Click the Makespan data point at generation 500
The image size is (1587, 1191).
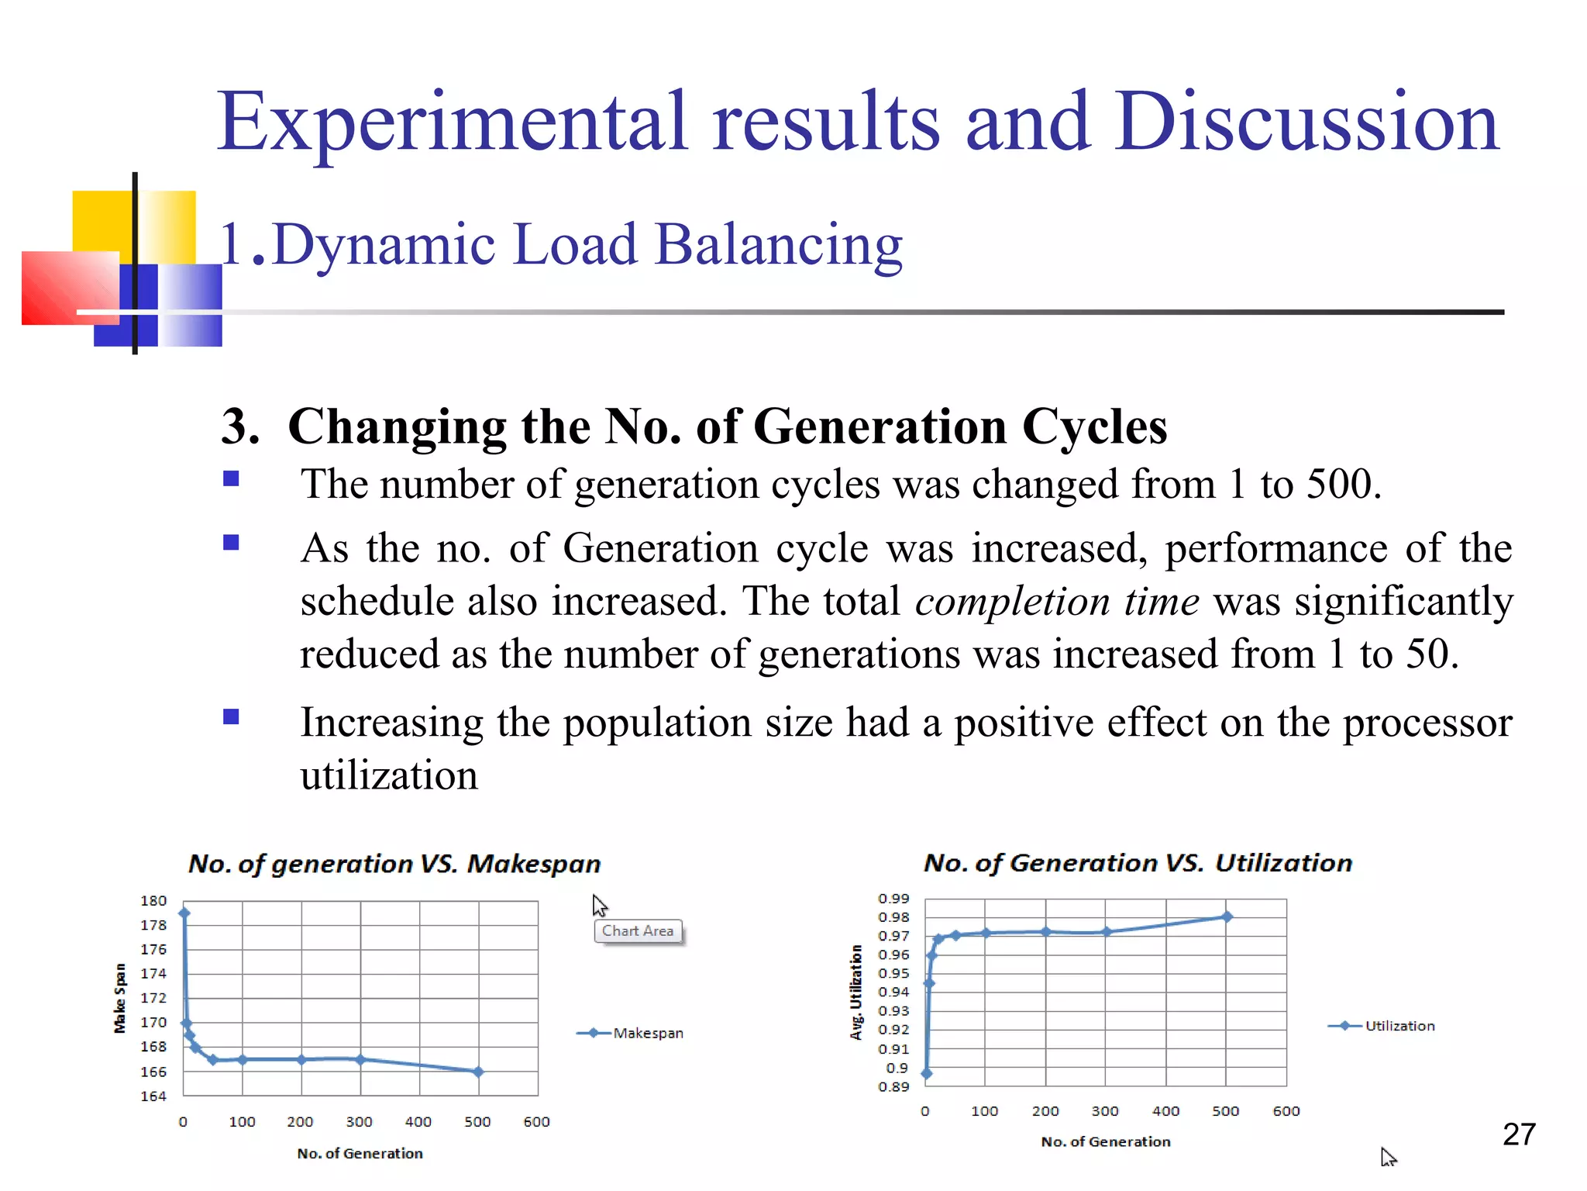[478, 1072]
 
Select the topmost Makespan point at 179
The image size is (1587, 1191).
[184, 913]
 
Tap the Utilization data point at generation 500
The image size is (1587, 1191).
[1227, 917]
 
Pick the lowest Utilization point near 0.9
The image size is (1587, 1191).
[927, 1074]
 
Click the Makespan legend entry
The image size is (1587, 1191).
[648, 1033]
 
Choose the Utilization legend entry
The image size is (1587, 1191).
[1399, 1026]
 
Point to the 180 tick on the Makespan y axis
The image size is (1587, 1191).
[153, 900]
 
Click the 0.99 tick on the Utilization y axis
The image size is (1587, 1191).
[893, 898]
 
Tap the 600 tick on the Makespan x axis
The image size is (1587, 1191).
[536, 1122]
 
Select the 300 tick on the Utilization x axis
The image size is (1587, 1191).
[1105, 1111]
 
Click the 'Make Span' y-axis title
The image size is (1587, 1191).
[120, 998]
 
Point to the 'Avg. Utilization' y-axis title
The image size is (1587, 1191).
[856, 992]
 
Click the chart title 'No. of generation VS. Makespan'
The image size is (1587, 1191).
[394, 864]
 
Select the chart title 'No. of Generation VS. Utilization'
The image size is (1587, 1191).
[1138, 863]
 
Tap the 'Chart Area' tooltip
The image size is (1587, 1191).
[638, 930]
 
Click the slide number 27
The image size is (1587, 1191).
[1519, 1134]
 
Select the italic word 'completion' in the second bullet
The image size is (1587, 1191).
[1012, 602]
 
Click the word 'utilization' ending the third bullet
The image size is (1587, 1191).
[389, 775]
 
